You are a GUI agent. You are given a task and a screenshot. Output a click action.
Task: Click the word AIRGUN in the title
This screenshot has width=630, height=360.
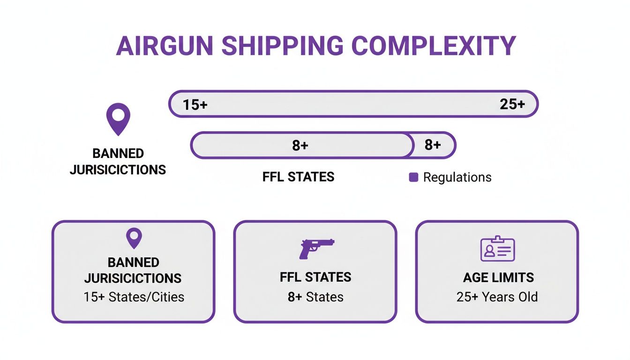(x=164, y=46)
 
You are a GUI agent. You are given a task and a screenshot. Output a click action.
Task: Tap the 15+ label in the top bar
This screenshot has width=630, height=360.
(x=195, y=105)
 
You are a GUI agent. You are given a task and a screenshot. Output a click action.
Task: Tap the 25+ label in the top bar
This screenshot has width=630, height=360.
(x=512, y=104)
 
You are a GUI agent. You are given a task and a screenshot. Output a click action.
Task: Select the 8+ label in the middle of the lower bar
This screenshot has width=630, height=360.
(x=300, y=145)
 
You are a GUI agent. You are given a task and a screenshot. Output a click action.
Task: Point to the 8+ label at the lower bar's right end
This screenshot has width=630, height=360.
(x=433, y=145)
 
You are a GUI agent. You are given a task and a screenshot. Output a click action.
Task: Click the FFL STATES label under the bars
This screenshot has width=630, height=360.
(x=298, y=177)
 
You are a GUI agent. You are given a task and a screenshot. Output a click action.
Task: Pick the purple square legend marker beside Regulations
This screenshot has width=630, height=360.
(x=413, y=177)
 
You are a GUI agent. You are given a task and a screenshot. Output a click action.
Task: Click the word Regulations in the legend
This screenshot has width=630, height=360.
(x=457, y=177)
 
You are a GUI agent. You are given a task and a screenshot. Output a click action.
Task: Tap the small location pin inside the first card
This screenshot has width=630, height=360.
(x=134, y=238)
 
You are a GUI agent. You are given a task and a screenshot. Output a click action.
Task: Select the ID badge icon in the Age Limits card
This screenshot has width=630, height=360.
(x=497, y=248)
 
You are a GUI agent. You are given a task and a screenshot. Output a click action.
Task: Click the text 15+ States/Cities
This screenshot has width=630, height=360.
(x=134, y=297)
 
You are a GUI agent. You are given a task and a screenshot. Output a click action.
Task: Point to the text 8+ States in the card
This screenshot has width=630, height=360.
(x=315, y=297)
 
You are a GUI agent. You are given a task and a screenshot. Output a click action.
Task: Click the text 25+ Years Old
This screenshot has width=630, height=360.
(x=497, y=297)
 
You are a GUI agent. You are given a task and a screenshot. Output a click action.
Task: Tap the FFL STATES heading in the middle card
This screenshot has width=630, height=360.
(x=315, y=277)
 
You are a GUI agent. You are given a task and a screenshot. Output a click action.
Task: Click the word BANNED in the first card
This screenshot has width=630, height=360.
(x=134, y=262)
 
